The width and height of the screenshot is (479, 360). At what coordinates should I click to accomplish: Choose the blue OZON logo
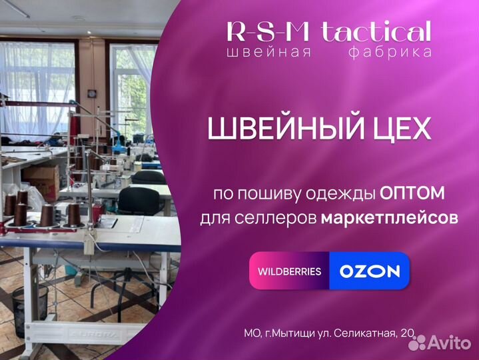[x=370, y=271]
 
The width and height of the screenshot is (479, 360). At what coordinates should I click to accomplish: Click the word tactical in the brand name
[x=376, y=31]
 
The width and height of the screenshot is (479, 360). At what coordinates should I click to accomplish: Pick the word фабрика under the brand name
[x=390, y=52]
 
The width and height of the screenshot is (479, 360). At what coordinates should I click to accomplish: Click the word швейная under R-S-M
[x=269, y=52]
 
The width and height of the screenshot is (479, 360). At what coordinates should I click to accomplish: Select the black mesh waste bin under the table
[x=30, y=310]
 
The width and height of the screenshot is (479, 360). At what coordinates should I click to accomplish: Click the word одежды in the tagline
[x=344, y=194]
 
